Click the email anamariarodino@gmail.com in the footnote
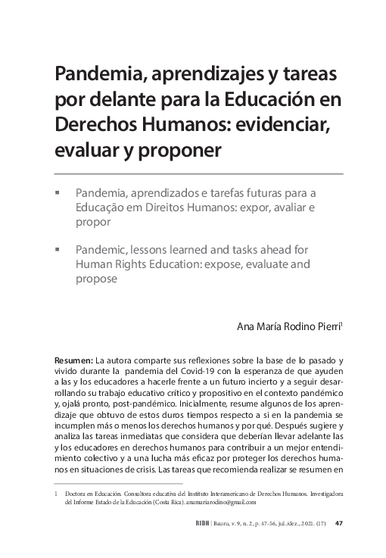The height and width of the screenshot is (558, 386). pos(214,502)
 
